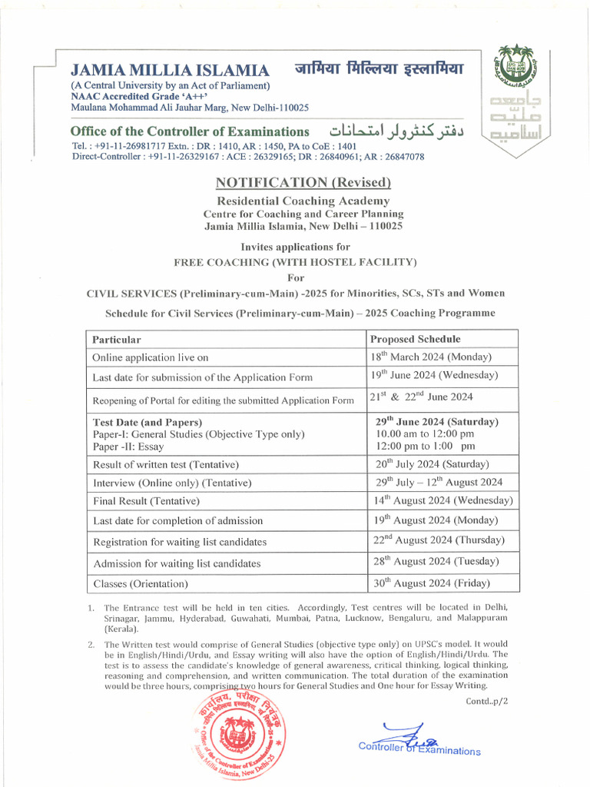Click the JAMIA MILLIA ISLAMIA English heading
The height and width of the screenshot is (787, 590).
click(x=170, y=69)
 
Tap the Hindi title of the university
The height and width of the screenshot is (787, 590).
click(x=380, y=68)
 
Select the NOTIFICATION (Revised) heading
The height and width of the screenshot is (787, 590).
click(x=303, y=182)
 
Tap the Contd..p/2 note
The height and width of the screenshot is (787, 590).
click(x=487, y=701)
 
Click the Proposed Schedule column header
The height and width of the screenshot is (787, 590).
click(x=416, y=339)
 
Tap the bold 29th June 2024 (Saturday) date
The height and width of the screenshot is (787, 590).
click(x=436, y=422)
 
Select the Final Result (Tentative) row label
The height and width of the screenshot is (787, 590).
click(x=146, y=501)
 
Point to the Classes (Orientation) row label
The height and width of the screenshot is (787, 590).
click(x=141, y=584)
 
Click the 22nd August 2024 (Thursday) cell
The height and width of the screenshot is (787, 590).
click(x=439, y=540)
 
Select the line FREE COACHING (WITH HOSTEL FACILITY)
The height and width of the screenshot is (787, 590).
click(x=296, y=262)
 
